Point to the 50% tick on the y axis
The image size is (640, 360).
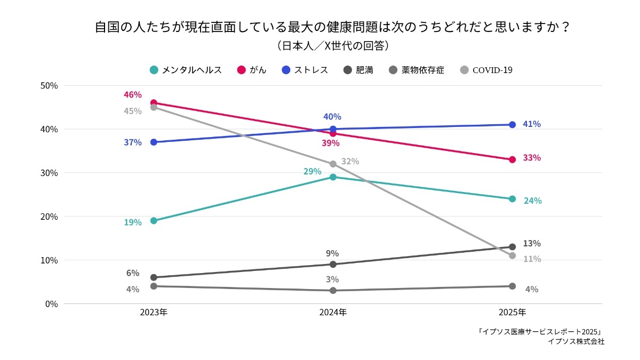click(49, 85)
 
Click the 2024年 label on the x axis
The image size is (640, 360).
click(333, 313)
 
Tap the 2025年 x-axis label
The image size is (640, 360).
click(512, 313)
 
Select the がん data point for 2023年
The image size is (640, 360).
click(154, 103)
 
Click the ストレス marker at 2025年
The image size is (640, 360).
click(512, 125)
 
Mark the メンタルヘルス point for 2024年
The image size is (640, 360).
click(333, 177)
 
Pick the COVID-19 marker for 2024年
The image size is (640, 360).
click(333, 164)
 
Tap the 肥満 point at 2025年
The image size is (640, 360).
click(512, 247)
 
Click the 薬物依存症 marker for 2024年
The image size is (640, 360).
click(333, 291)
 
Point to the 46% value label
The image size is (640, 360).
click(133, 95)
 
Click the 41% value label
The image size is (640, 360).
click(532, 124)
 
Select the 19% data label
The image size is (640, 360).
click(133, 222)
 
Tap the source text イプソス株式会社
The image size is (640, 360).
click(576, 342)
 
